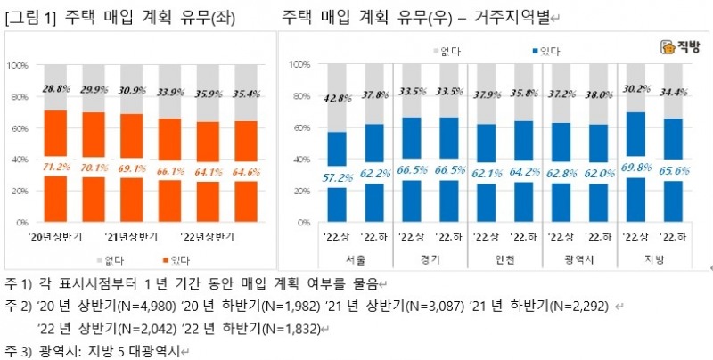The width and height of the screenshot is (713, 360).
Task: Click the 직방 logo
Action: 681,48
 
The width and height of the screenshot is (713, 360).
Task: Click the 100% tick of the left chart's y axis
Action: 19,66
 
